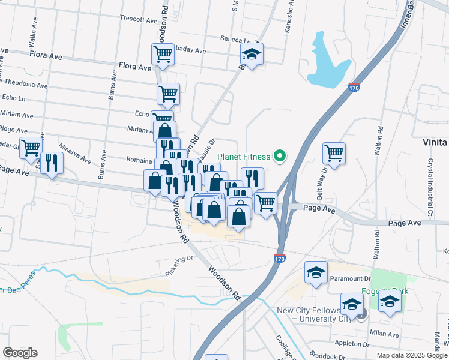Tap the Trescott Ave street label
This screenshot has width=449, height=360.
pos(138,19)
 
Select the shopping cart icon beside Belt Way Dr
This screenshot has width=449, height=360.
pos(334,152)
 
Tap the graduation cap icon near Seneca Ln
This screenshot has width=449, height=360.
pos(252,54)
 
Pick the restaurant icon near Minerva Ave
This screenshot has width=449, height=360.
pos(52,162)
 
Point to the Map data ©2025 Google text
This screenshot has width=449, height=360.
pos(412,355)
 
